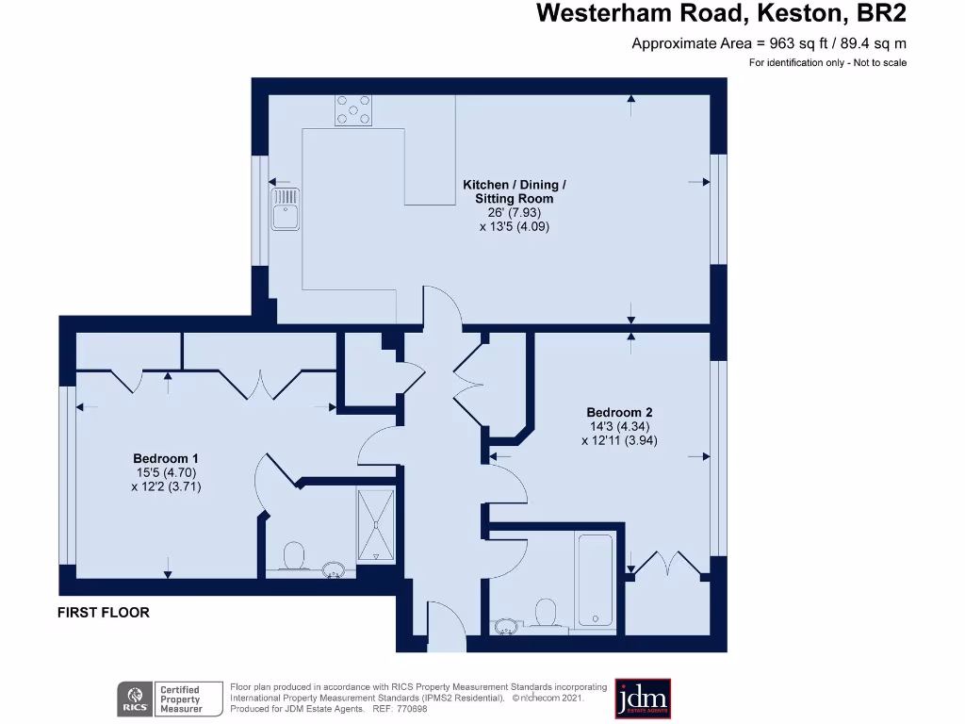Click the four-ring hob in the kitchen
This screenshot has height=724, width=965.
tap(352, 110)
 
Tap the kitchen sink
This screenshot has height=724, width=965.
tap(285, 207)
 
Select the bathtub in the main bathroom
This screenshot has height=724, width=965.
tap(595, 580)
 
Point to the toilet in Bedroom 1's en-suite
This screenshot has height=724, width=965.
tap(294, 555)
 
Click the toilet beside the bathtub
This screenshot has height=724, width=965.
tap(544, 614)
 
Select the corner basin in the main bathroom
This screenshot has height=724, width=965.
tap(505, 625)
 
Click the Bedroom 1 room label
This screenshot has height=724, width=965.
tap(166, 459)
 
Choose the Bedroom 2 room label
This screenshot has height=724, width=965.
tap(619, 412)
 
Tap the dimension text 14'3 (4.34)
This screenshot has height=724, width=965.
tap(619, 426)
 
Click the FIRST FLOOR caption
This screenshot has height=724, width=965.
tap(104, 613)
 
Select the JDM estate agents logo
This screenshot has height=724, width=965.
tap(643, 699)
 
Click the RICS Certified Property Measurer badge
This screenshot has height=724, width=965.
tap(160, 699)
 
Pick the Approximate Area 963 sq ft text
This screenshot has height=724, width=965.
tap(768, 43)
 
